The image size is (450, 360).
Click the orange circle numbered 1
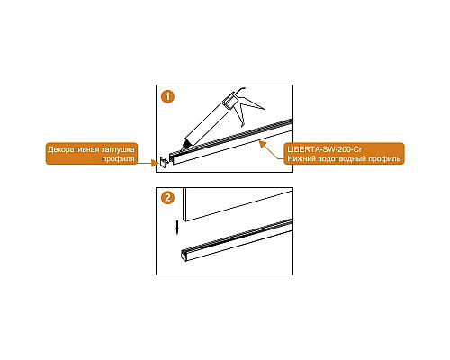click(x=167, y=96)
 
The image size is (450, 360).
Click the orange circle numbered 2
click(x=167, y=198)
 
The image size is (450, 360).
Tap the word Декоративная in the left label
click(x=70, y=149)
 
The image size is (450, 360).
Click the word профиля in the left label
click(x=118, y=159)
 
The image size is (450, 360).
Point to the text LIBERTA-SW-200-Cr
click(x=325, y=149)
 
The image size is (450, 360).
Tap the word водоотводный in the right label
click(x=341, y=158)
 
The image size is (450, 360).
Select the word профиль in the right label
click(x=384, y=158)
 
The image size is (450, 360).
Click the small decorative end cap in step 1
click(x=165, y=162)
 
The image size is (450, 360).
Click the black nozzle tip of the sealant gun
click(x=184, y=146)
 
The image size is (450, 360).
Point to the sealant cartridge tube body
click(x=205, y=123)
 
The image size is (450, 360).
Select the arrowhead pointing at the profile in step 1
click(x=262, y=144)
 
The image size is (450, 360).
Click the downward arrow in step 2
click(x=177, y=227)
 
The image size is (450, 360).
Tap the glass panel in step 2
click(x=238, y=204)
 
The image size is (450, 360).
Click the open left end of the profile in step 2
click(x=184, y=256)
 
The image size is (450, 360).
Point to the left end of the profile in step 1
click(x=172, y=159)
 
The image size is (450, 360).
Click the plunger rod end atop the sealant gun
click(x=240, y=89)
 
